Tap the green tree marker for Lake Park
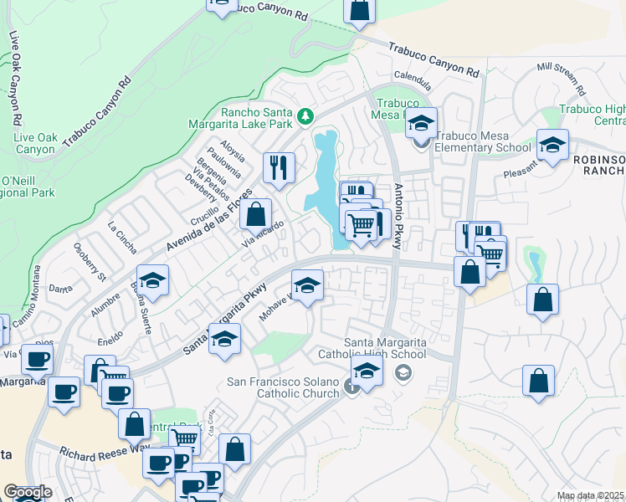306,115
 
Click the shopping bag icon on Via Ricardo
255,213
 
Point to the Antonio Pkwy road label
398,217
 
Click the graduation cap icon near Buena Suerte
153,280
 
